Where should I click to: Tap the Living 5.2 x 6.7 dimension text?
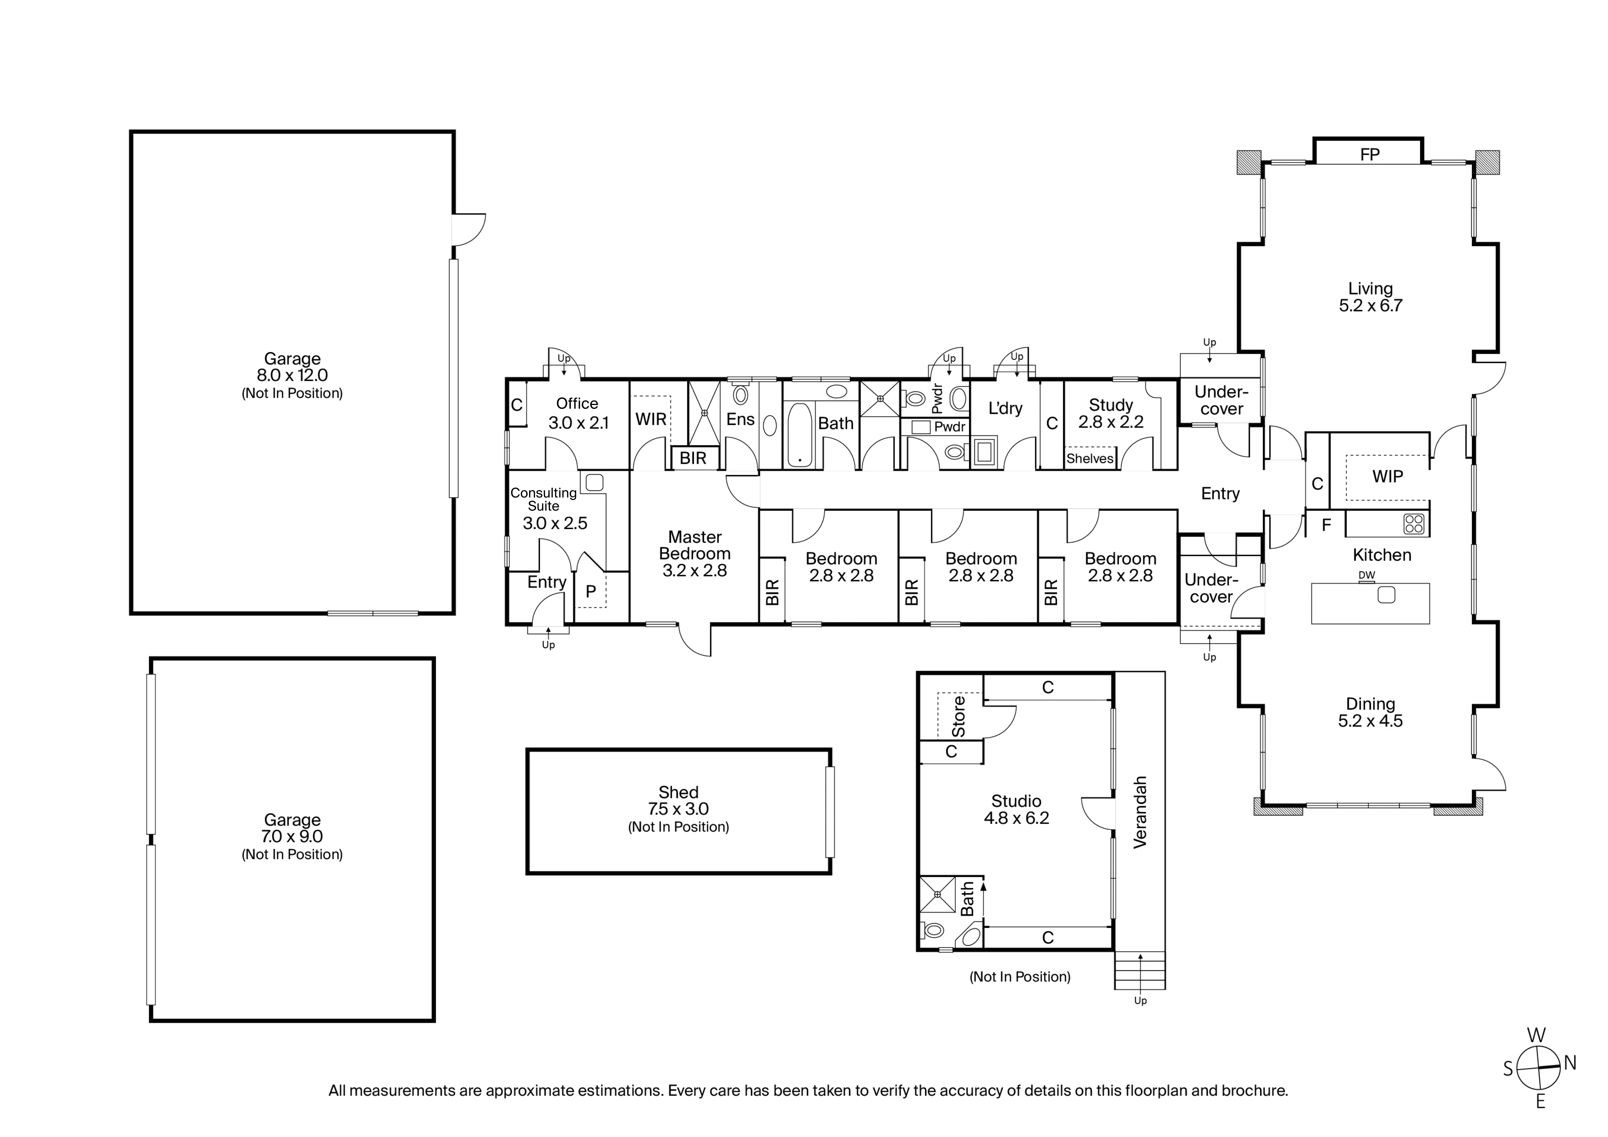pos(1371,305)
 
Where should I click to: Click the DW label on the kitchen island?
pos(1366,575)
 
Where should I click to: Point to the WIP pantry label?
pos(1387,476)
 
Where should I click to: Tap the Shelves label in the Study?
pos(1090,459)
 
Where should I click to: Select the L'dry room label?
pos(1005,408)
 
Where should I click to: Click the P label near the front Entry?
pos(590,591)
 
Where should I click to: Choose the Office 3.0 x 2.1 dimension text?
pos(579,423)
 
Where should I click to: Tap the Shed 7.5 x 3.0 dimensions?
pos(678,809)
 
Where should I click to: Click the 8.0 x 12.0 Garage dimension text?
pos(292,375)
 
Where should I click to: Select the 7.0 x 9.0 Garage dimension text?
pos(292,837)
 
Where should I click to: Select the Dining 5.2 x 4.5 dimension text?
pos(1371,721)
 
